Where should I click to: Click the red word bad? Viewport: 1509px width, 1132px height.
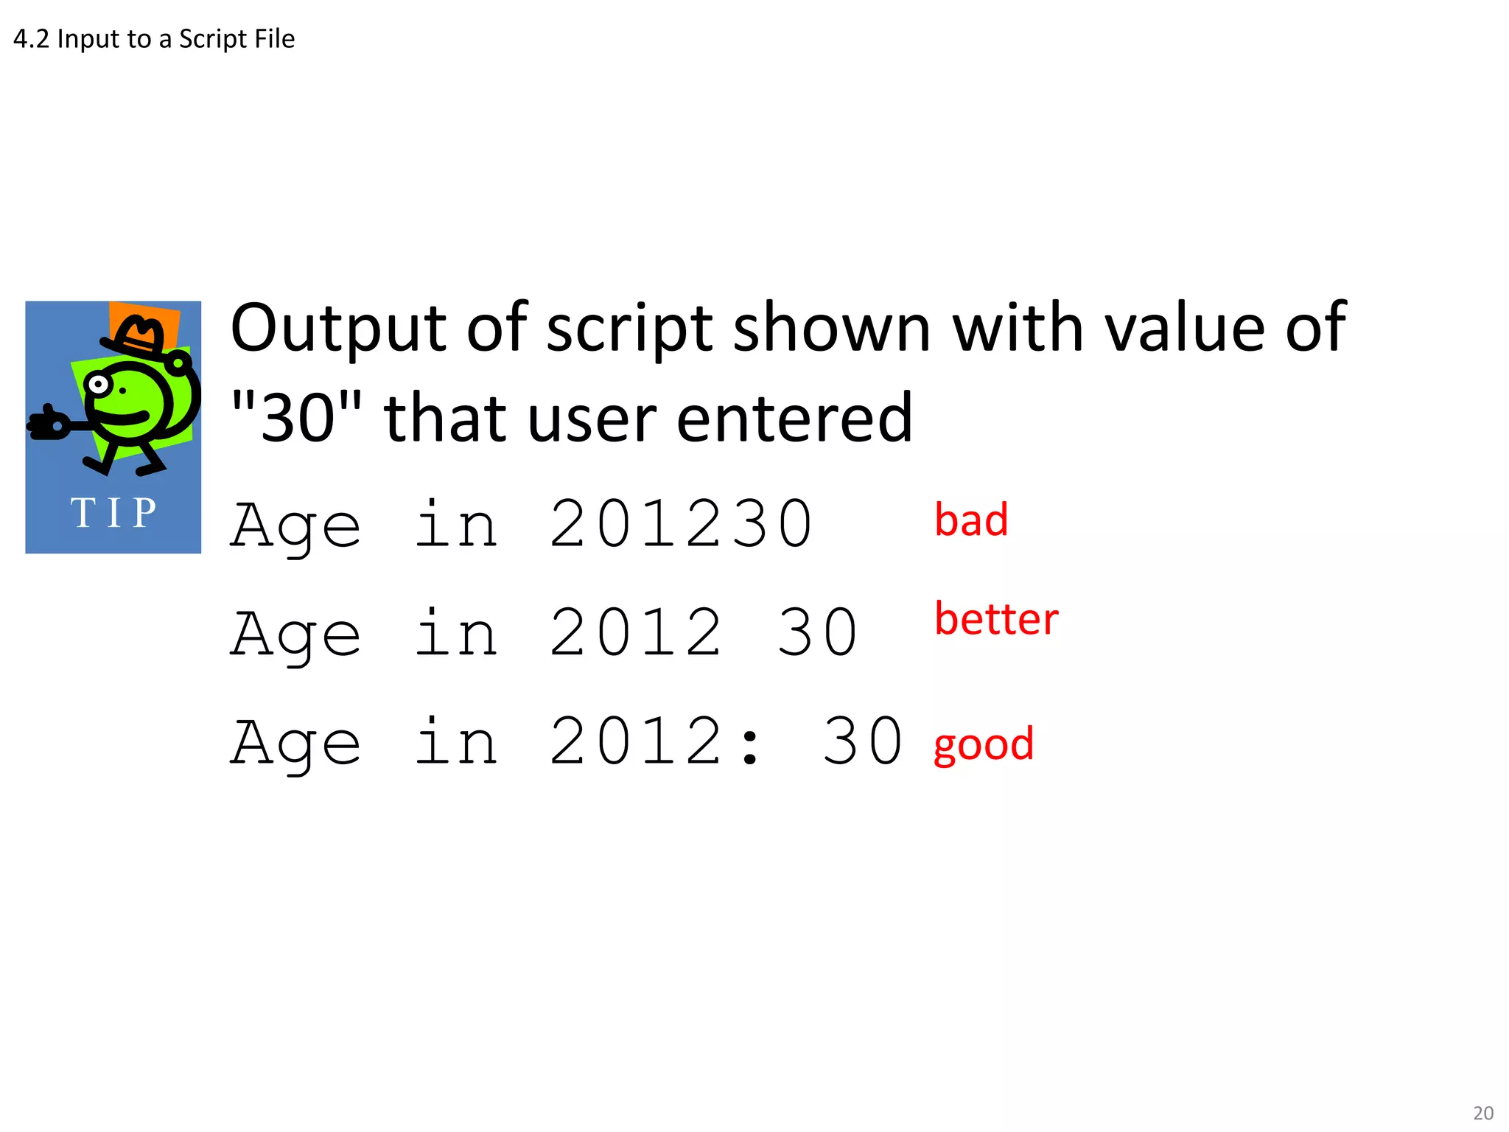[970, 520]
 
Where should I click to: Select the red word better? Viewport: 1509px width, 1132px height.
[995, 618]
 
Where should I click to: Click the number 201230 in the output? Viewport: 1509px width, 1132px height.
[681, 524]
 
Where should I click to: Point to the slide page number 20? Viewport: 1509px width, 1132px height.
[1482, 1113]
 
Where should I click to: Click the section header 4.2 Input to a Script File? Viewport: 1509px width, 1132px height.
[154, 39]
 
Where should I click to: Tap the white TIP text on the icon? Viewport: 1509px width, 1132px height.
[113, 513]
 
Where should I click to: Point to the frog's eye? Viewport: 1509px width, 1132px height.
[97, 384]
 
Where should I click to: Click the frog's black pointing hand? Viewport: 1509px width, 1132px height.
[49, 424]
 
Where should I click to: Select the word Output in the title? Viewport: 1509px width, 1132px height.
[338, 328]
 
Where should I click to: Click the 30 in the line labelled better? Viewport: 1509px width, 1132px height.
[817, 633]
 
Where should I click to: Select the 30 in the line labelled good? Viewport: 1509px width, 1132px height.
[862, 741]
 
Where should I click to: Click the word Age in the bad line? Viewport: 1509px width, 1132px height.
[295, 525]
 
